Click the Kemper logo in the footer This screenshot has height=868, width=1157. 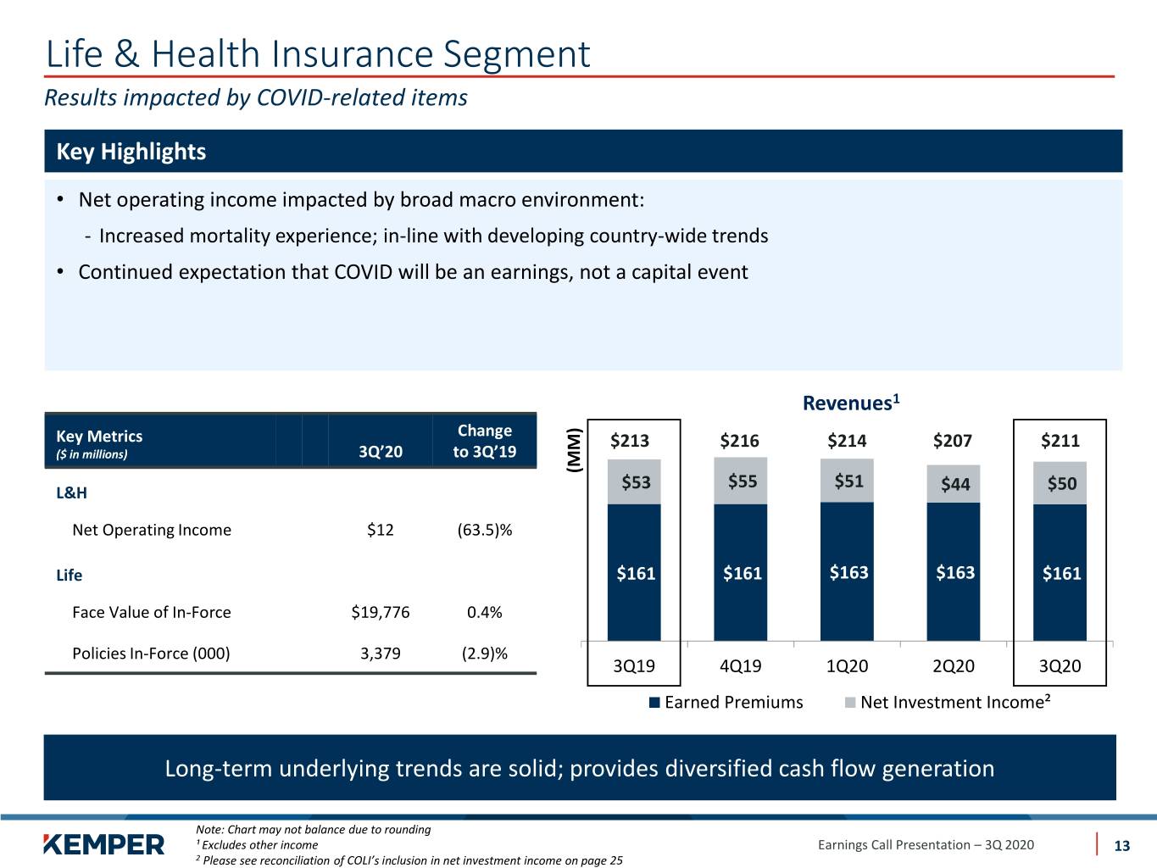pos(103,845)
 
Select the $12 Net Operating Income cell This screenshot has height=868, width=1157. pos(380,530)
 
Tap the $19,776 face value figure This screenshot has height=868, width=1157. pos(380,612)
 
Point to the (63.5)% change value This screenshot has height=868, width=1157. pos(484,530)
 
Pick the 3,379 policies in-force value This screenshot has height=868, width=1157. pos(380,654)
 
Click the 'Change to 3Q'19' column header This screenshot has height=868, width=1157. pos(484,441)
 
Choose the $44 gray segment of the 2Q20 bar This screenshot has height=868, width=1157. pos(953,484)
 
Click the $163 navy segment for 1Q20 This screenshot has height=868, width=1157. pos(847,572)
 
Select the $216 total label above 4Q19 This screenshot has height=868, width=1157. pos(739,441)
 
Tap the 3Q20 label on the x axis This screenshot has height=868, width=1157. pos(1060,666)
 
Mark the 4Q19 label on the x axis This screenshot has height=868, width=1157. pos(740,666)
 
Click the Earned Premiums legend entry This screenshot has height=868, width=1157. pos(726,703)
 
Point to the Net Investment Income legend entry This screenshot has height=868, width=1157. pos(948,702)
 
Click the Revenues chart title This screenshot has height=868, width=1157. pos(851,403)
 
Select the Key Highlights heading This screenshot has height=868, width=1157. pos(131,152)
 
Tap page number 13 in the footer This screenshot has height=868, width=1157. pos(1121,846)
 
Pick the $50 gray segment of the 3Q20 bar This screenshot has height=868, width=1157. pos(1060,483)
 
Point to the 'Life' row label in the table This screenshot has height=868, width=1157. pos(69,575)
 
